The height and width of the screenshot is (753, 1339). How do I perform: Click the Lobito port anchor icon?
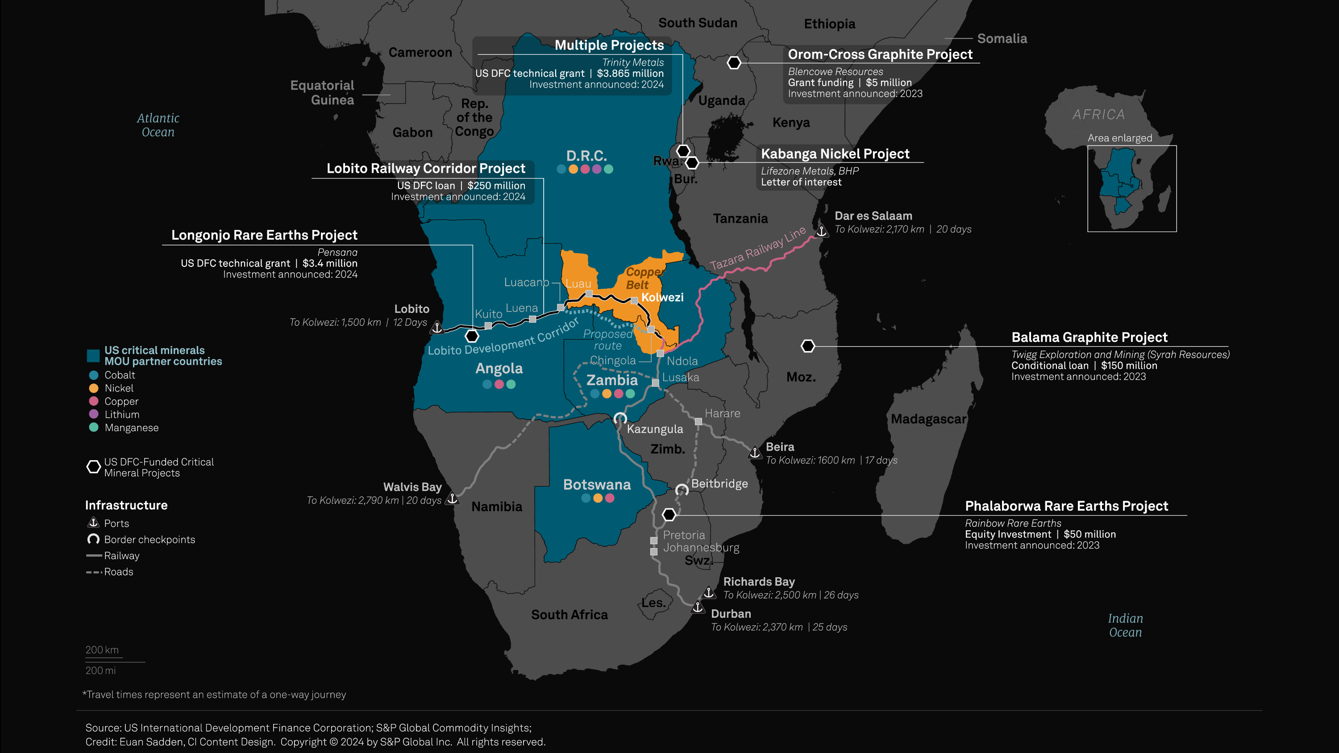(x=437, y=327)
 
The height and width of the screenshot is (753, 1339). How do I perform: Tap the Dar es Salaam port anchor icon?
(x=821, y=230)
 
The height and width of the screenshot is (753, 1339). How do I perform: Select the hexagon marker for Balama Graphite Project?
(x=808, y=346)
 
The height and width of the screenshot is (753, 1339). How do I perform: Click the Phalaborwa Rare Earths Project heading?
(x=1066, y=506)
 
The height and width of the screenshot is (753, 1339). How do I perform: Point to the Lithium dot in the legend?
(x=94, y=414)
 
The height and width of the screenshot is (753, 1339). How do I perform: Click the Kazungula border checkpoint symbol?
(x=620, y=418)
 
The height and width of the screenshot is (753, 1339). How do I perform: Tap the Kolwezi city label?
(x=662, y=297)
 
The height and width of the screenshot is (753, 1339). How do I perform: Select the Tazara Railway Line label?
(x=757, y=249)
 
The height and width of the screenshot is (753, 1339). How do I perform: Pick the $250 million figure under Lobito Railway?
(x=496, y=186)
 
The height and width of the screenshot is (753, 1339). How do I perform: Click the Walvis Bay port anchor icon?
(x=453, y=499)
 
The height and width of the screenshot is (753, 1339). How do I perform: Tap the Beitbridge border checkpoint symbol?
(x=682, y=490)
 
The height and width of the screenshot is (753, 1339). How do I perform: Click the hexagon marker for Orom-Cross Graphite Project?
(x=734, y=63)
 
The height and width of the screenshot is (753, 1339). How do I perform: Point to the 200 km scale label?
(x=102, y=649)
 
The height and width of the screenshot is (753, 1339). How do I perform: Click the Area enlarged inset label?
(x=1120, y=138)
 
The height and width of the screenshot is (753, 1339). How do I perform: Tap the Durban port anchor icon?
(x=698, y=607)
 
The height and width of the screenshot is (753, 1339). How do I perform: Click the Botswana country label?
(x=597, y=484)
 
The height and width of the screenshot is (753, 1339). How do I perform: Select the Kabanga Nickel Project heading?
(x=835, y=154)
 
